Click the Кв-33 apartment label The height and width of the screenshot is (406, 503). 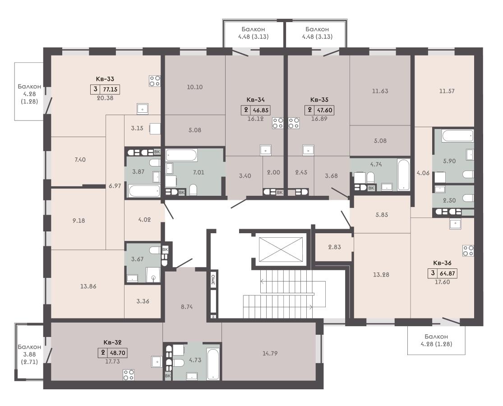tap(105, 79)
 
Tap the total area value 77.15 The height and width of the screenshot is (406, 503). tap(110, 89)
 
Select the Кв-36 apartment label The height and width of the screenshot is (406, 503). tap(443, 263)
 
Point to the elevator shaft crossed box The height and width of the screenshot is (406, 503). tap(281, 249)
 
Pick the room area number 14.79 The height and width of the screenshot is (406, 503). tap(270, 353)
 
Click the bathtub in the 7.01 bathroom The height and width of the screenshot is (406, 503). tap(181, 156)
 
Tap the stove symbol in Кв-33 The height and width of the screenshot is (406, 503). tap(155, 81)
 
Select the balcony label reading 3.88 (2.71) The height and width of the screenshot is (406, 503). tap(29, 355)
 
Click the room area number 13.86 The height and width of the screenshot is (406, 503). tap(88, 286)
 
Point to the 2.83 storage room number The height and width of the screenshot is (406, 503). tap(335, 247)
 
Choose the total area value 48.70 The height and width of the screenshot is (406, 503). tap(117, 353)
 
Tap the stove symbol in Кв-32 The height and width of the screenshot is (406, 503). tap(129, 375)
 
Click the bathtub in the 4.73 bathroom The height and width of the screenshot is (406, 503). tap(213, 364)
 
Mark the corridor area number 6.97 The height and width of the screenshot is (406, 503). tap(115, 186)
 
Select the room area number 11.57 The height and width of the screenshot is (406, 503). tap(447, 91)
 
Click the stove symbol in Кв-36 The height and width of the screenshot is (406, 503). tap(468, 251)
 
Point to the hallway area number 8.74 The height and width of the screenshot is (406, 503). tap(187, 307)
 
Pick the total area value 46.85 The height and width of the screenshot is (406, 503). tap(260, 111)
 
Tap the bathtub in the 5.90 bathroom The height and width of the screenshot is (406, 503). tap(457, 136)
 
